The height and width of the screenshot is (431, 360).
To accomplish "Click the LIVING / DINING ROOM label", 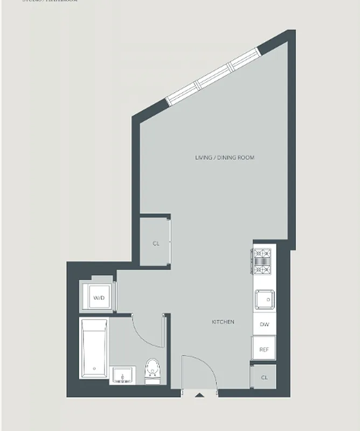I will [224, 158].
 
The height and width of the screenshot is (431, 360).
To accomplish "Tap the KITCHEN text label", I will [223, 322].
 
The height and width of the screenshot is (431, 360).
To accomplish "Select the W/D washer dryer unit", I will [98, 297].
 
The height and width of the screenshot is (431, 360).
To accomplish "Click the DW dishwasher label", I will [264, 324].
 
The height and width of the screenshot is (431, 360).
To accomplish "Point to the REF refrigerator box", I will [264, 349].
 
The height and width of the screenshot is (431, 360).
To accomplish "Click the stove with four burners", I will [264, 261].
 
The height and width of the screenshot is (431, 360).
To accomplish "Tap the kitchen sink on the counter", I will [265, 298].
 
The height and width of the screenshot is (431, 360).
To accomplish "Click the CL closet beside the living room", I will [156, 244].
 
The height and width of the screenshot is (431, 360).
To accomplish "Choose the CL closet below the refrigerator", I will [264, 377].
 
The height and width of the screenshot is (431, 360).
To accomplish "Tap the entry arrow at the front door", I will [199, 396].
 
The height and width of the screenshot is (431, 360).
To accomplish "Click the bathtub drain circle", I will [94, 369].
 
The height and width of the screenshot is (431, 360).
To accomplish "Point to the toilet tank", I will [153, 380].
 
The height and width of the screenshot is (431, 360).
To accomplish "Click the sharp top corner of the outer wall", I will [294, 31].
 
